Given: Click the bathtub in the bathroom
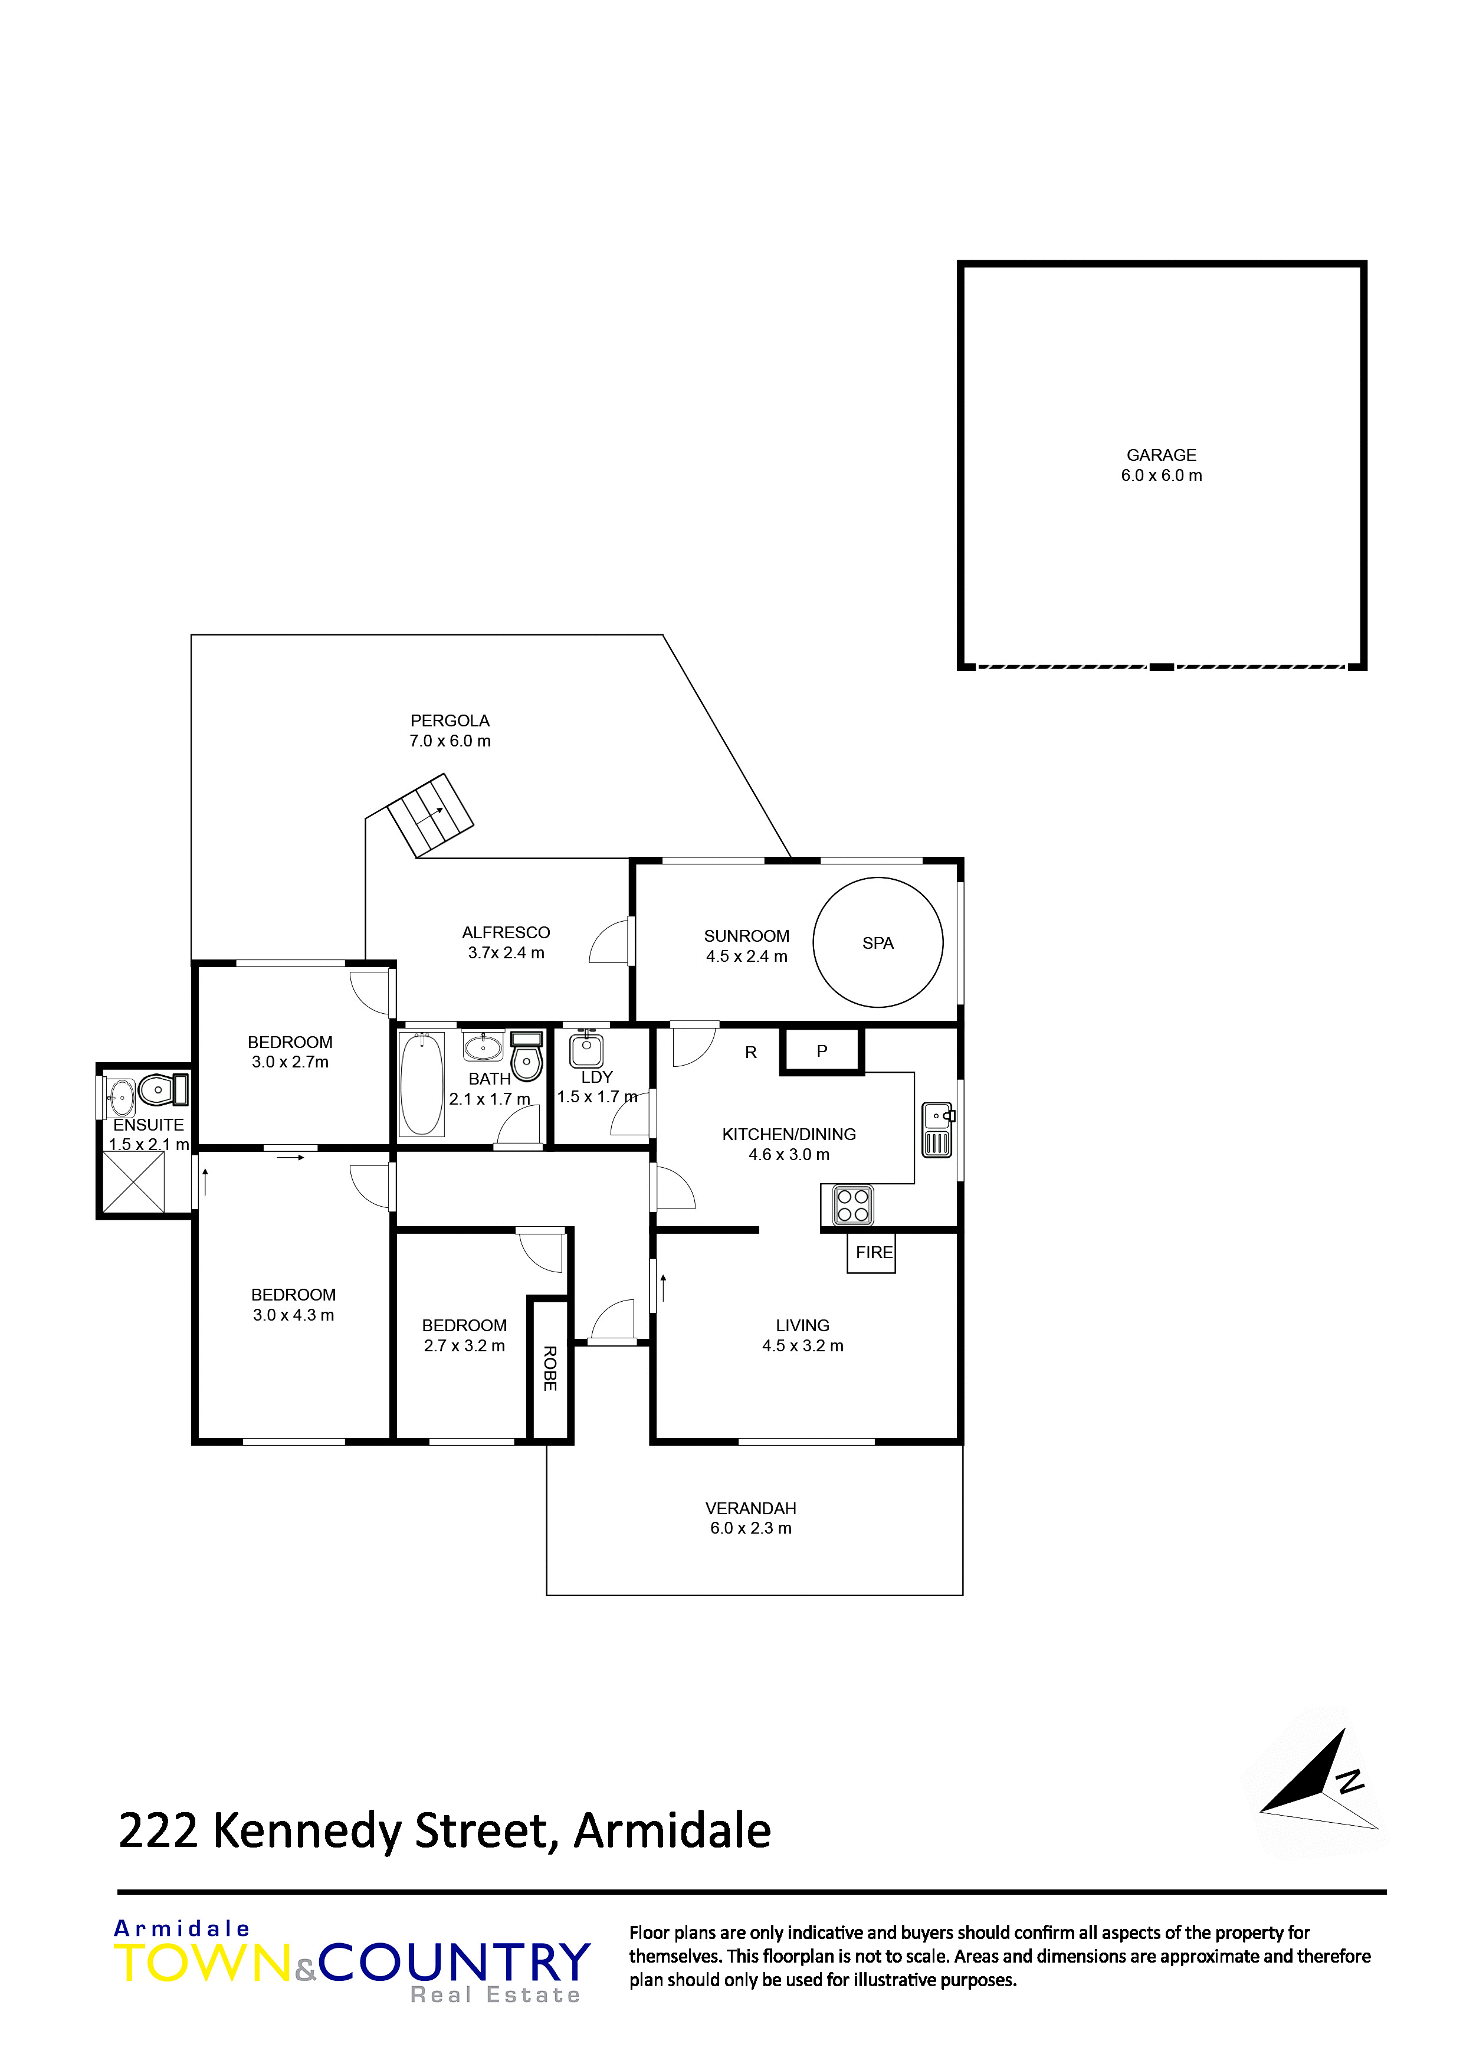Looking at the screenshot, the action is click(x=421, y=1084).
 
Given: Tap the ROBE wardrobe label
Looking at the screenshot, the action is click(x=550, y=1368).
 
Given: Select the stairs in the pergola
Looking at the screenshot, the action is click(x=430, y=815).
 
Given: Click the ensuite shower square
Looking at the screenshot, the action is click(x=133, y=1182).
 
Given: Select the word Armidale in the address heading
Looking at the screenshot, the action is click(x=673, y=1830).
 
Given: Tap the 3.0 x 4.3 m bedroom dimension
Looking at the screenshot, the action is click(x=293, y=1315).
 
